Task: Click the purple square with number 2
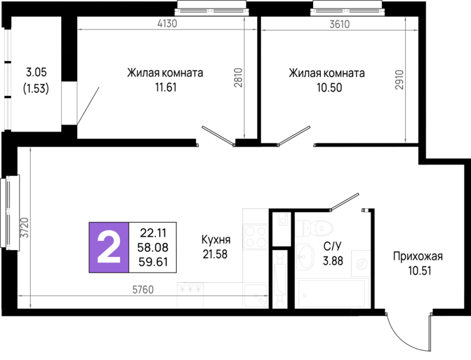108,247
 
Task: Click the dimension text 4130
167,24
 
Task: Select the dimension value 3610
340,24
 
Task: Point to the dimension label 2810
238,77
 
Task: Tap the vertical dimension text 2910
400,79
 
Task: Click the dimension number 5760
142,289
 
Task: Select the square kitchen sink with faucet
255,295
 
